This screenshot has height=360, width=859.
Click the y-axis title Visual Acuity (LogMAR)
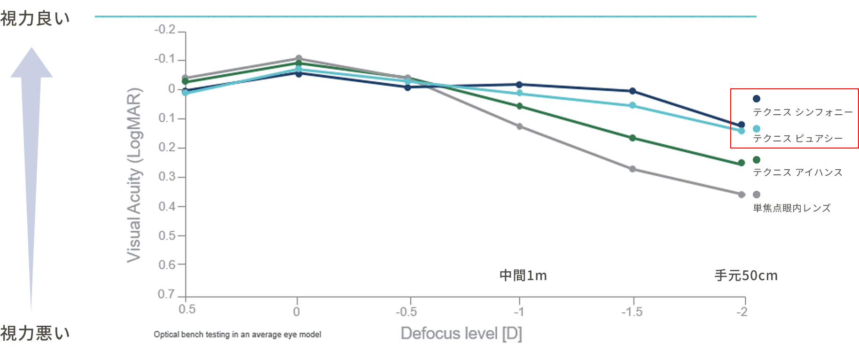(x=134, y=175)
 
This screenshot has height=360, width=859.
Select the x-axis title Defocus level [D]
(x=461, y=333)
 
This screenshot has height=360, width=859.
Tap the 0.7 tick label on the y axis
(x=166, y=294)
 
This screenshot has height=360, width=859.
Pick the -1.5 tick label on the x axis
(x=632, y=312)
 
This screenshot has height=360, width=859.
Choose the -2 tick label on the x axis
(x=742, y=312)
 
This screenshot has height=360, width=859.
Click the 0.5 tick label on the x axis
(x=187, y=309)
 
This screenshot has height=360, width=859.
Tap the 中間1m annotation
(x=523, y=275)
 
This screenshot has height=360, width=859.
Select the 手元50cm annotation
(x=746, y=275)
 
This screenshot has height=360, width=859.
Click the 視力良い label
(x=35, y=19)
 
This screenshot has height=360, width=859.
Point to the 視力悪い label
(x=35, y=333)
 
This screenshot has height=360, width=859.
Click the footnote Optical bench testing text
(x=237, y=335)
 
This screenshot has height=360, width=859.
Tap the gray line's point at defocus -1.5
(x=633, y=169)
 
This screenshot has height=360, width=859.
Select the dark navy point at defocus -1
(x=519, y=85)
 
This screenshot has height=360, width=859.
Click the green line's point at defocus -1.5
(x=633, y=138)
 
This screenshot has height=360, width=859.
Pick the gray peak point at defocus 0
(x=298, y=58)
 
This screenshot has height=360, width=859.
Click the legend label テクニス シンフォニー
(x=803, y=112)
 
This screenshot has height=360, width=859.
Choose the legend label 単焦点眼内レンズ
(x=792, y=208)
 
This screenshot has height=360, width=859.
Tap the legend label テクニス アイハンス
(x=798, y=172)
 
